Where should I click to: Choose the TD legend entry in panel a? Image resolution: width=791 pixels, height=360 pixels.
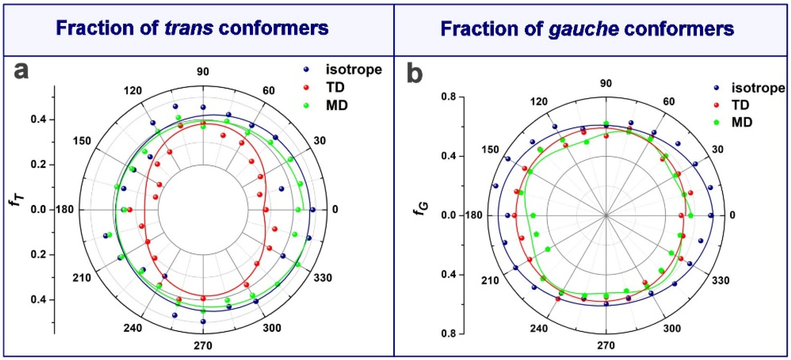(335, 88)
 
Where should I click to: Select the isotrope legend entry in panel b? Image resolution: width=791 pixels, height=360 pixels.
(758, 88)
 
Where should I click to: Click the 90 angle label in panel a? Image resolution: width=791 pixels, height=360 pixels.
(203, 72)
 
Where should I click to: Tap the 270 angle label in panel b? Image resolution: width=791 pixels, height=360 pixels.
(606, 346)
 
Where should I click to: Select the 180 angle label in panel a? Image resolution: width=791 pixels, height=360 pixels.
(65, 210)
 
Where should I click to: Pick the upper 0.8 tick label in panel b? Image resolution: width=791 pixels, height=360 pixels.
(449, 97)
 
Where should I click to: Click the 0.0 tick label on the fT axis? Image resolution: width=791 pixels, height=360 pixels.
(38, 210)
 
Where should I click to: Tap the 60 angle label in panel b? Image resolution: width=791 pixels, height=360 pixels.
(669, 101)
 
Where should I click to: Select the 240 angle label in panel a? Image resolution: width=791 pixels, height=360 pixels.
(133, 328)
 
